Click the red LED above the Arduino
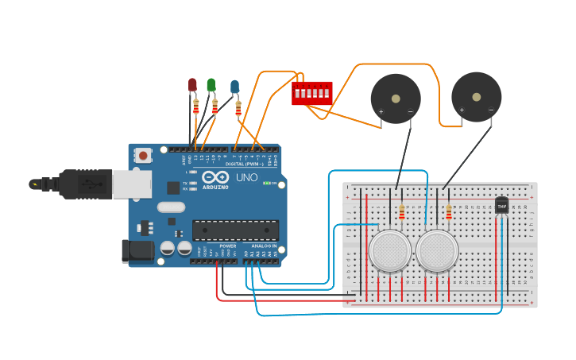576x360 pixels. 192,84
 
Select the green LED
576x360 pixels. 211,84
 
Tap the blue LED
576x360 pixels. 234,86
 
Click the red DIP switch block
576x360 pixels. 311,93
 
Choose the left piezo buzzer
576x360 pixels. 396,99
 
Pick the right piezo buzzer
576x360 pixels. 476,97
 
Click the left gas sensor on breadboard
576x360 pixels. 390,250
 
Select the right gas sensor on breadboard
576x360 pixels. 437,250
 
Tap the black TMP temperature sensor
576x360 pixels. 501,204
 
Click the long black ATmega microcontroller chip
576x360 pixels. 235,230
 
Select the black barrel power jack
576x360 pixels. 137,251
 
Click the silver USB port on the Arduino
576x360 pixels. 131,184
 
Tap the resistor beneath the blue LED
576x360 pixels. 238,109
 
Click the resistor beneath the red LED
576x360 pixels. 195,106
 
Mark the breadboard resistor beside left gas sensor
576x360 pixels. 402,212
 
